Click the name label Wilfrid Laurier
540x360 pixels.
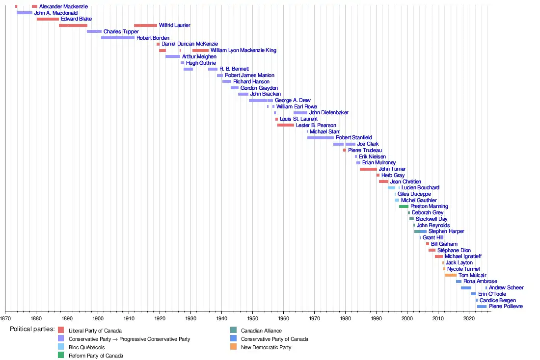pos(174,25)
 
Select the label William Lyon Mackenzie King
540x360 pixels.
pos(243,50)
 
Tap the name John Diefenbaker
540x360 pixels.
pos(328,112)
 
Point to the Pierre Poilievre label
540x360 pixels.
pos(506,306)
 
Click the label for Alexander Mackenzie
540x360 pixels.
pos(63,6)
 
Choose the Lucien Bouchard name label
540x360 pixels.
pos(420,187)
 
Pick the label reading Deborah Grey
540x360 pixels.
pos(427,212)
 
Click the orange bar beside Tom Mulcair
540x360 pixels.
pos(450,275)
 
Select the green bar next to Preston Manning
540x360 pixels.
pos(404,206)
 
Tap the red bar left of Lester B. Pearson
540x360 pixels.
pos(285,125)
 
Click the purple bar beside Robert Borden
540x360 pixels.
pos(118,38)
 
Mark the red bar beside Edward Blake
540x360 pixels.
pos(48,19)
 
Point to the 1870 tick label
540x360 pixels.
pos(5,317)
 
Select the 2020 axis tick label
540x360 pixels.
pos(469,317)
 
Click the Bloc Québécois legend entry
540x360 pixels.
pos(86,347)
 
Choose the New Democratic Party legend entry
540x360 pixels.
pos(266,347)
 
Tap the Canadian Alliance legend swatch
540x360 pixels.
pos(233,331)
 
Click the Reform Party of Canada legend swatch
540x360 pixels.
pos(61,356)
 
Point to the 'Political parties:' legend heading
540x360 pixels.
pos(32,329)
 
